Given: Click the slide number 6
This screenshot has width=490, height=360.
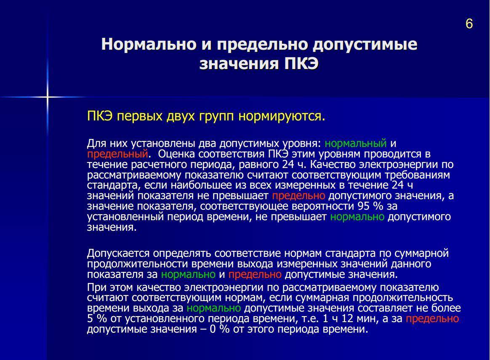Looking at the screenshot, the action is click(469, 24).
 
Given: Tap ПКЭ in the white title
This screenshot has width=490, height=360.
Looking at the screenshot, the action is click(301, 64).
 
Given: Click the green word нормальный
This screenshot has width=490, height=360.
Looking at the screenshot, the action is click(356, 144).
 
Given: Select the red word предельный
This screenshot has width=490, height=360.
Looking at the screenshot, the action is click(117, 154).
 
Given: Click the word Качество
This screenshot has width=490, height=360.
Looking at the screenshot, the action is click(333, 164).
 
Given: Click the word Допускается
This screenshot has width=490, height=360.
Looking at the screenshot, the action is click(118, 253).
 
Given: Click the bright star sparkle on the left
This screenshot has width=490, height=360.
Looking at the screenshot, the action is click(48, 97).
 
